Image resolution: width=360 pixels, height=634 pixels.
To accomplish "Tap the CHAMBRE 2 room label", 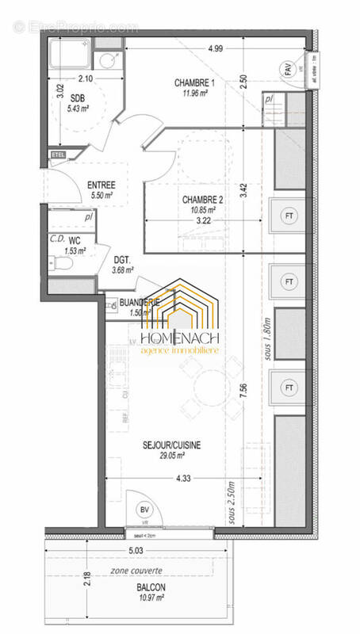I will click(202, 200).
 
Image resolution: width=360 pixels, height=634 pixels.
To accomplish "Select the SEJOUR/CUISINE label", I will click(170, 445).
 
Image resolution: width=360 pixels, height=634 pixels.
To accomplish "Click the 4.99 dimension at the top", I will click(214, 49).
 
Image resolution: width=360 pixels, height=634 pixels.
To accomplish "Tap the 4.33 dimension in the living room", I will click(183, 478).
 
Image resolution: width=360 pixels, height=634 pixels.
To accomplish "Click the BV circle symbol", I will click(144, 510).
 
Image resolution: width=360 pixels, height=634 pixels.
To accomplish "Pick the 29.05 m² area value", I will click(170, 456).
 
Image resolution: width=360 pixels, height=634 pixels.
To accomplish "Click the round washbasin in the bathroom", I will click(105, 59).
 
